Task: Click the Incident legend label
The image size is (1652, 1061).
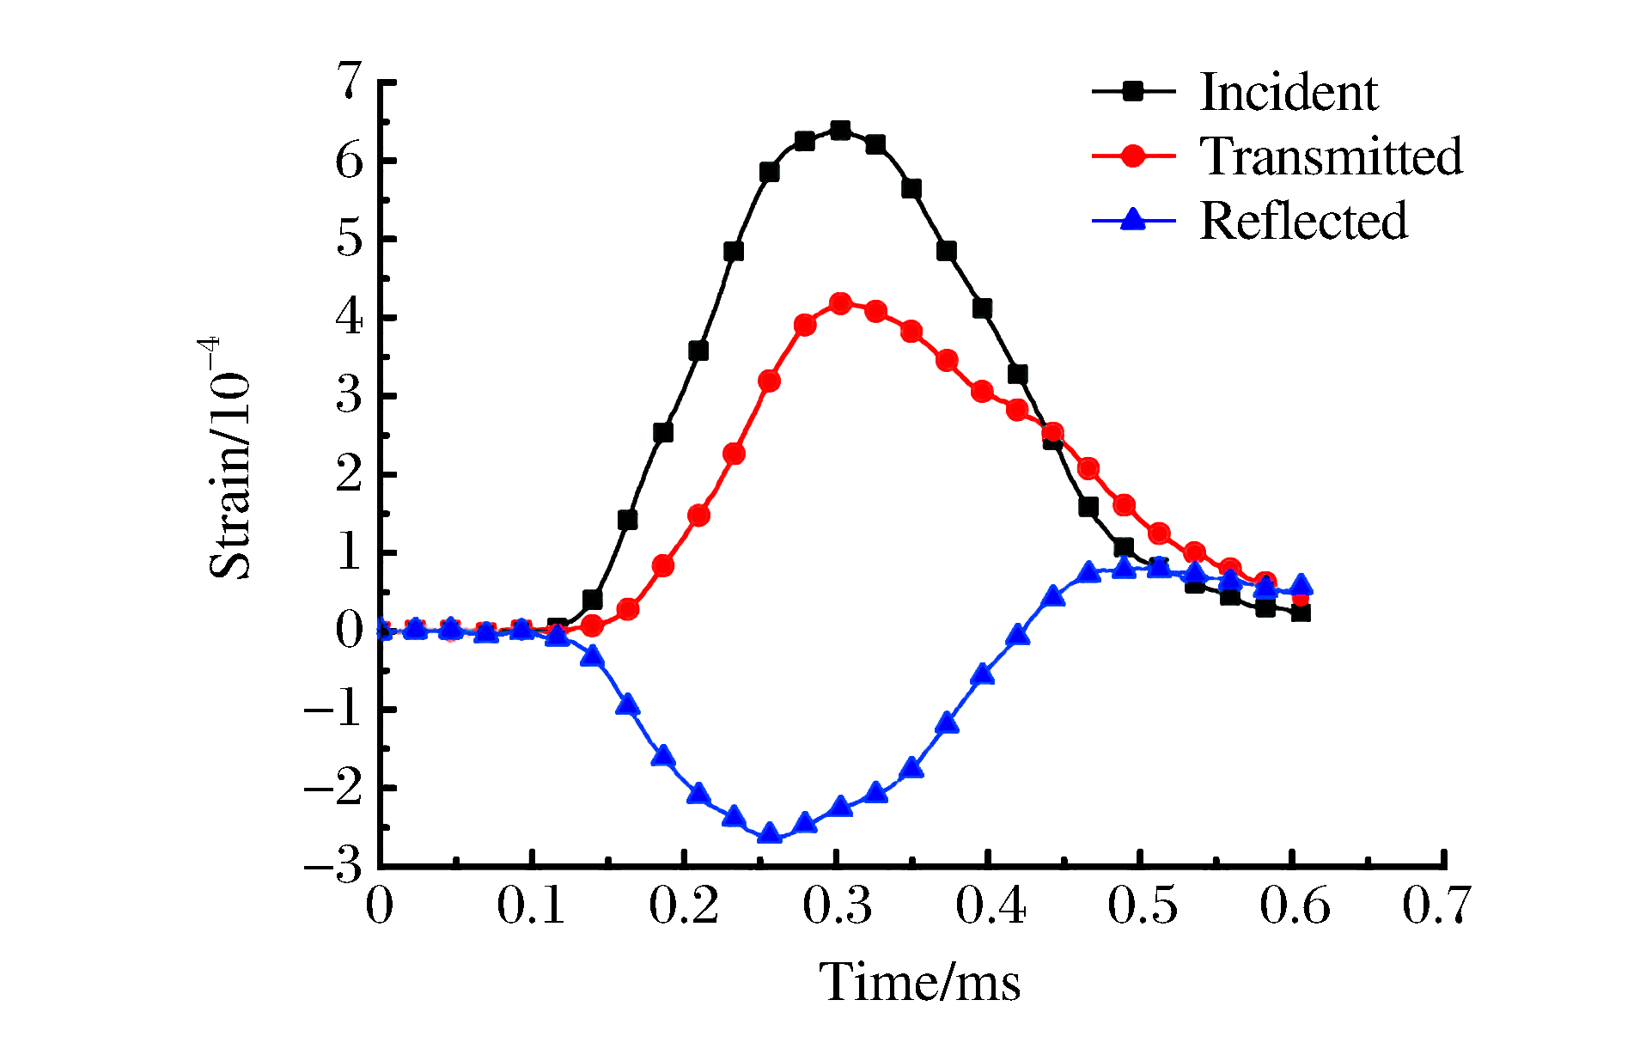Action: [1288, 92]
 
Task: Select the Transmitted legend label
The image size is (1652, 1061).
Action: [1331, 156]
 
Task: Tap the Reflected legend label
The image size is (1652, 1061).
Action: [1303, 221]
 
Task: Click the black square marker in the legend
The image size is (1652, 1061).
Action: [1133, 91]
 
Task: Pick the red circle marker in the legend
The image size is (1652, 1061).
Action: [1133, 155]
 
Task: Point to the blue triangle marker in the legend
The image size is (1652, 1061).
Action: [1133, 220]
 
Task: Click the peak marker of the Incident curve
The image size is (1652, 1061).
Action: [840, 131]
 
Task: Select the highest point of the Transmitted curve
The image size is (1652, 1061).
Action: [840, 303]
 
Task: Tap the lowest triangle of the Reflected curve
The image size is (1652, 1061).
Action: [770, 832]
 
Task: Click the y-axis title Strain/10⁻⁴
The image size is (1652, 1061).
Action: [229, 459]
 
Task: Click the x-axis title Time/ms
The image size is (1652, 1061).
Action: [920, 982]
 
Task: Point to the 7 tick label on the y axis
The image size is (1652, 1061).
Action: [350, 82]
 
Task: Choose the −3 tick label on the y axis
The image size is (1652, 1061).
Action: [334, 866]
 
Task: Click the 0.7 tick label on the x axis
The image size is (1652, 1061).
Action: [1436, 906]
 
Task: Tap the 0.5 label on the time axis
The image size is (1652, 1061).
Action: [1141, 906]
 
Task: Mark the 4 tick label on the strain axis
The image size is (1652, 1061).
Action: [350, 318]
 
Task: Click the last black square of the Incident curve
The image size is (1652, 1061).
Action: [1301, 613]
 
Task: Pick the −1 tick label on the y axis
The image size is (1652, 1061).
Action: [334, 710]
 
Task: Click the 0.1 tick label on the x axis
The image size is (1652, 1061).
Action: [531, 906]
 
